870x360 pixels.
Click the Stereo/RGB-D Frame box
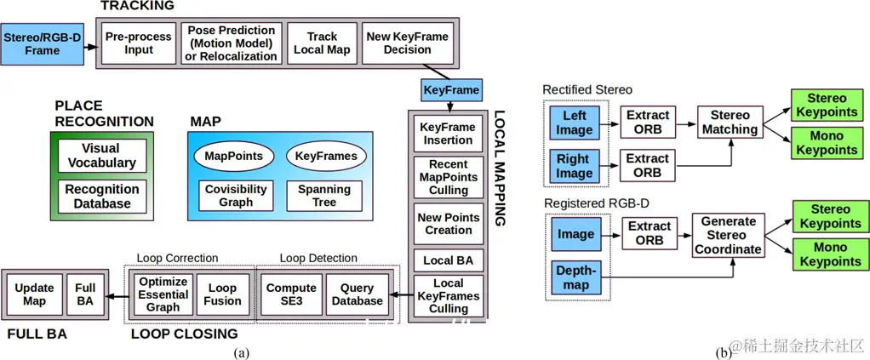(x=42, y=43)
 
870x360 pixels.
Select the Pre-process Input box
(x=139, y=43)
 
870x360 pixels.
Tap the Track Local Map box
(x=322, y=43)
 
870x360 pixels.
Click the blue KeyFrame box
(x=451, y=89)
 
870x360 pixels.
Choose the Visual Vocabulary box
(x=101, y=156)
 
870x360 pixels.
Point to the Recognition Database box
(x=102, y=196)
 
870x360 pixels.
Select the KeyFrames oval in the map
(x=326, y=156)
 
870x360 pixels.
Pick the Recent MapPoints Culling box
(x=448, y=177)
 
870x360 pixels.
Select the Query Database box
(x=356, y=294)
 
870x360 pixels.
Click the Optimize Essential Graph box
(x=163, y=294)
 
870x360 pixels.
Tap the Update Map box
(x=34, y=294)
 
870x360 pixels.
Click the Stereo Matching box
(x=730, y=123)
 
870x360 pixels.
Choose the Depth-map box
(x=575, y=277)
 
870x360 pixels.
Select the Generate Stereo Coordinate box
(x=728, y=236)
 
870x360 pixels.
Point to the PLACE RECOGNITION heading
(x=103, y=113)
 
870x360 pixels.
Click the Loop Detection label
(x=318, y=258)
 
